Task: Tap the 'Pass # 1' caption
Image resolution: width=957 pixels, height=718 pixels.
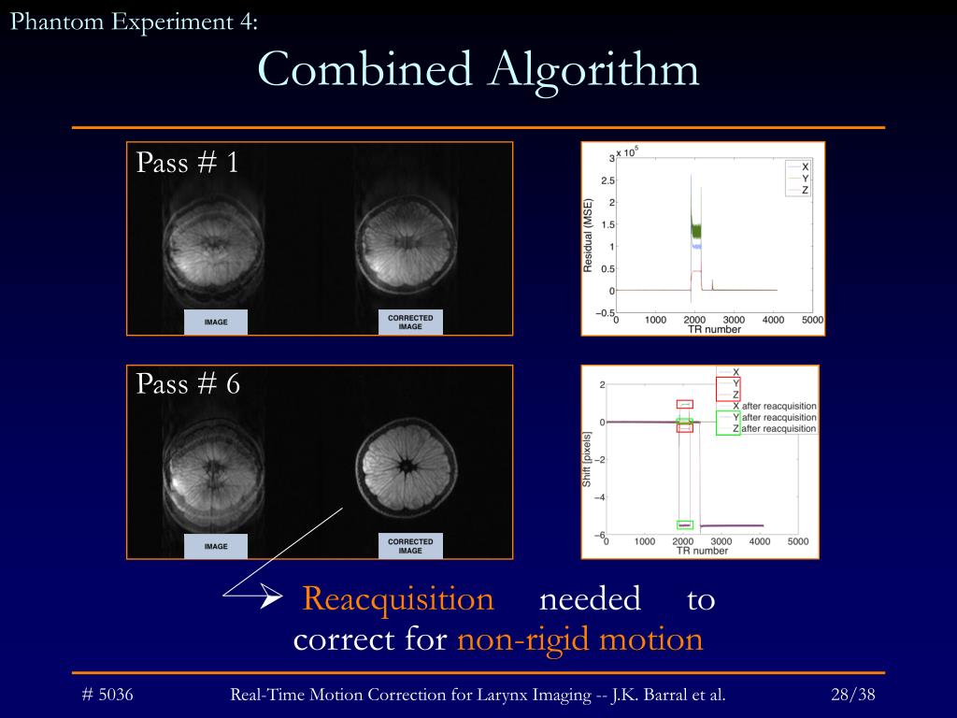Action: point(187,163)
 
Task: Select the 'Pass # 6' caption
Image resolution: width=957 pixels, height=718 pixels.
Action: point(188,383)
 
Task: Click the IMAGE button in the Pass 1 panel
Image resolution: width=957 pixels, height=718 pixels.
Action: point(216,323)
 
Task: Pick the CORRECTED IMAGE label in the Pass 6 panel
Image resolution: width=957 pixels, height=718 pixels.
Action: point(410,546)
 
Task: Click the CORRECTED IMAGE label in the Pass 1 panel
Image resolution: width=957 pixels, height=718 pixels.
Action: point(410,323)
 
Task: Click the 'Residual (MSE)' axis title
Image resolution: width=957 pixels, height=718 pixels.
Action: point(588,236)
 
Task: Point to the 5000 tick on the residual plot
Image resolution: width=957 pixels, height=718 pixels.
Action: point(812,320)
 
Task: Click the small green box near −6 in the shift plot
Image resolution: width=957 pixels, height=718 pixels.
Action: point(685,524)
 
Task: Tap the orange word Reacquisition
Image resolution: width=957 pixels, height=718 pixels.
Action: point(397,599)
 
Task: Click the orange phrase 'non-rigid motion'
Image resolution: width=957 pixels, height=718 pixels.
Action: point(579,639)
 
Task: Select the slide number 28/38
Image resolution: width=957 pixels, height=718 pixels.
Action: point(852,695)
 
